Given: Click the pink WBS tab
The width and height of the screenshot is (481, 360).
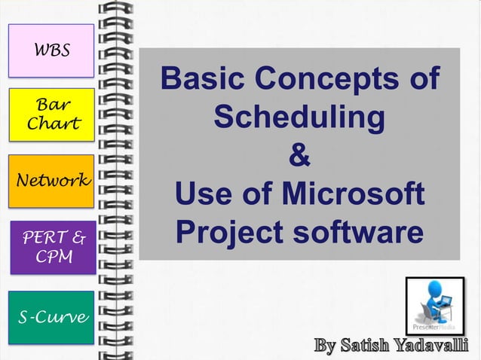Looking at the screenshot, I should tap(51, 50).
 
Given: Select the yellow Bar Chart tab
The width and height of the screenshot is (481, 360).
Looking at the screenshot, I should tap(51, 114).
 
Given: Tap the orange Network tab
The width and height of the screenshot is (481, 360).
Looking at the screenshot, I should tap(51, 181).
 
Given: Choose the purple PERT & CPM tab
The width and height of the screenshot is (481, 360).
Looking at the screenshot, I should tap(51, 248).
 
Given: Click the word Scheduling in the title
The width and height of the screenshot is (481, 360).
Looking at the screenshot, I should tap(299, 118).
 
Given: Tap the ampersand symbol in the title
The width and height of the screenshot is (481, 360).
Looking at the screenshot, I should tap(299, 157).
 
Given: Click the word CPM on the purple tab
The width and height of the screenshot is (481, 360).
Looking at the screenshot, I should tap(51, 258).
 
